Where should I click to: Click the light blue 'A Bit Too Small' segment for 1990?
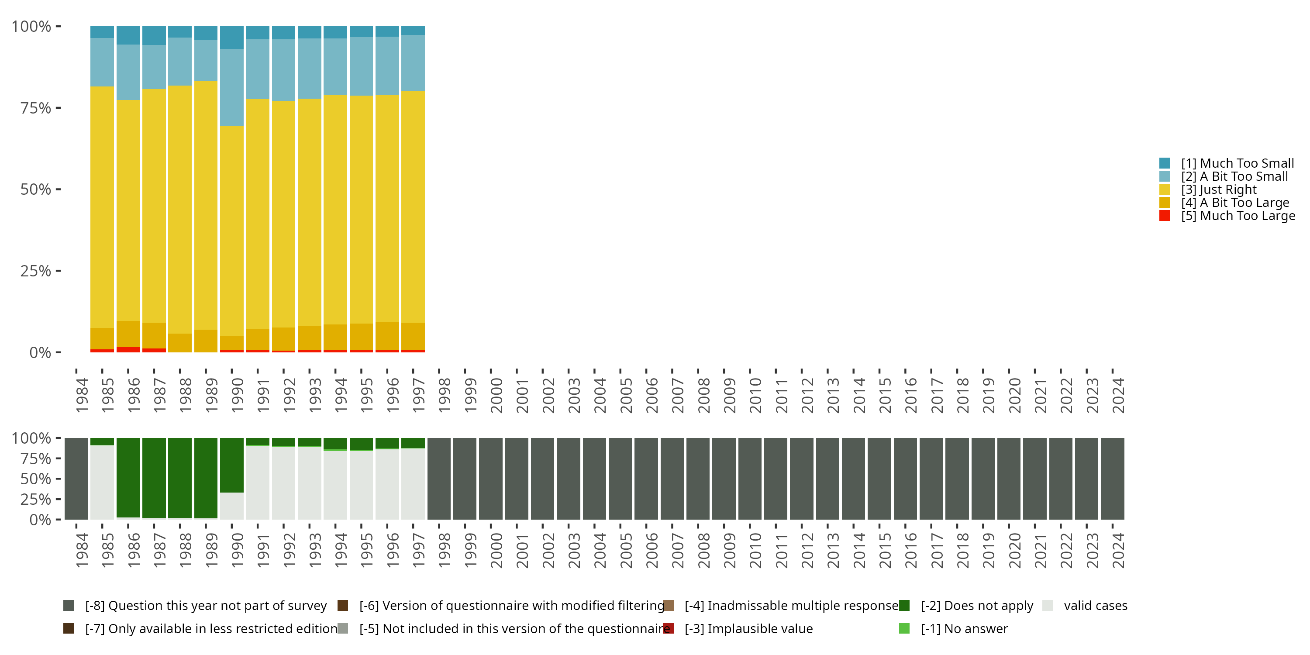(x=231, y=87)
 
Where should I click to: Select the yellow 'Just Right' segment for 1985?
(x=102, y=207)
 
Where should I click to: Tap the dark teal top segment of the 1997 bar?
(x=413, y=31)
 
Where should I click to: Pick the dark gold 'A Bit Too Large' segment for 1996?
(x=387, y=336)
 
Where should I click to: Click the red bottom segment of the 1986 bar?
(x=128, y=350)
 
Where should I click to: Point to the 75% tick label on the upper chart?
(x=36, y=108)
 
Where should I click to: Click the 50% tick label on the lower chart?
(x=36, y=479)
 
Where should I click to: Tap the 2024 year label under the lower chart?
(x=1118, y=550)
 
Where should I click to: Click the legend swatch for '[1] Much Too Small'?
(x=1165, y=163)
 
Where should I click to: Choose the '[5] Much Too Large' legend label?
(x=1238, y=216)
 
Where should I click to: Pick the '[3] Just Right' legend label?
(x=1218, y=190)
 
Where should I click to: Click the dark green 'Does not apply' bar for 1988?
(x=180, y=478)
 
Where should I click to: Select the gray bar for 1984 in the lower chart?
(x=76, y=479)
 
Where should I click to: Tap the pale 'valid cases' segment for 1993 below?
(x=309, y=483)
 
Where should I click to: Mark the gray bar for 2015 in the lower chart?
(x=879, y=479)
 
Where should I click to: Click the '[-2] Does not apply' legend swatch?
(x=904, y=605)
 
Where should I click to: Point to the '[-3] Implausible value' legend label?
(x=748, y=628)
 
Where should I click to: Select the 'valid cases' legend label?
(x=1096, y=606)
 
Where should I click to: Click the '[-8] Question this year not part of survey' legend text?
(x=206, y=606)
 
